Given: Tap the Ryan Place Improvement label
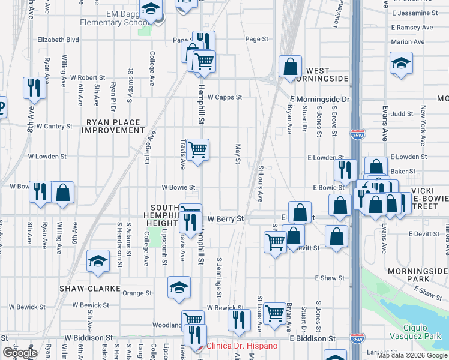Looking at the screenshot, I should (113, 126).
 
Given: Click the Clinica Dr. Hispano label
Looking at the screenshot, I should (242, 346).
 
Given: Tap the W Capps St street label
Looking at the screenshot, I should (223, 97).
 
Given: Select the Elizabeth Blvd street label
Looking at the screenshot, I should (58, 40).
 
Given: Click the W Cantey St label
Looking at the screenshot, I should (54, 127).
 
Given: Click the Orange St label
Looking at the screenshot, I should (137, 293).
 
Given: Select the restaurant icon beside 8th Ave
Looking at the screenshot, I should (34, 88).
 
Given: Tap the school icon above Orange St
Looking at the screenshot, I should (179, 287).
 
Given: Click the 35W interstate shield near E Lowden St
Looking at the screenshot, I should (358, 136).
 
